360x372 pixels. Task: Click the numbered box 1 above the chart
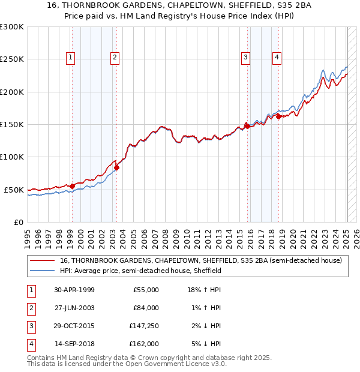click(x=71, y=58)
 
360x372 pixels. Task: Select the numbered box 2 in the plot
click(x=114, y=58)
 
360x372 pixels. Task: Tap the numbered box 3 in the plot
click(x=245, y=58)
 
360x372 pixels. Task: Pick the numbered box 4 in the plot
click(x=277, y=58)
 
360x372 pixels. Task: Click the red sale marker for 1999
click(x=73, y=186)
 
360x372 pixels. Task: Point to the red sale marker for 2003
click(x=117, y=167)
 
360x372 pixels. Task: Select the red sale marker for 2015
click(x=247, y=126)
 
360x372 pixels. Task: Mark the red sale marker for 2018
click(x=278, y=116)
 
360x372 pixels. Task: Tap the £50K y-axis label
click(x=14, y=190)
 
